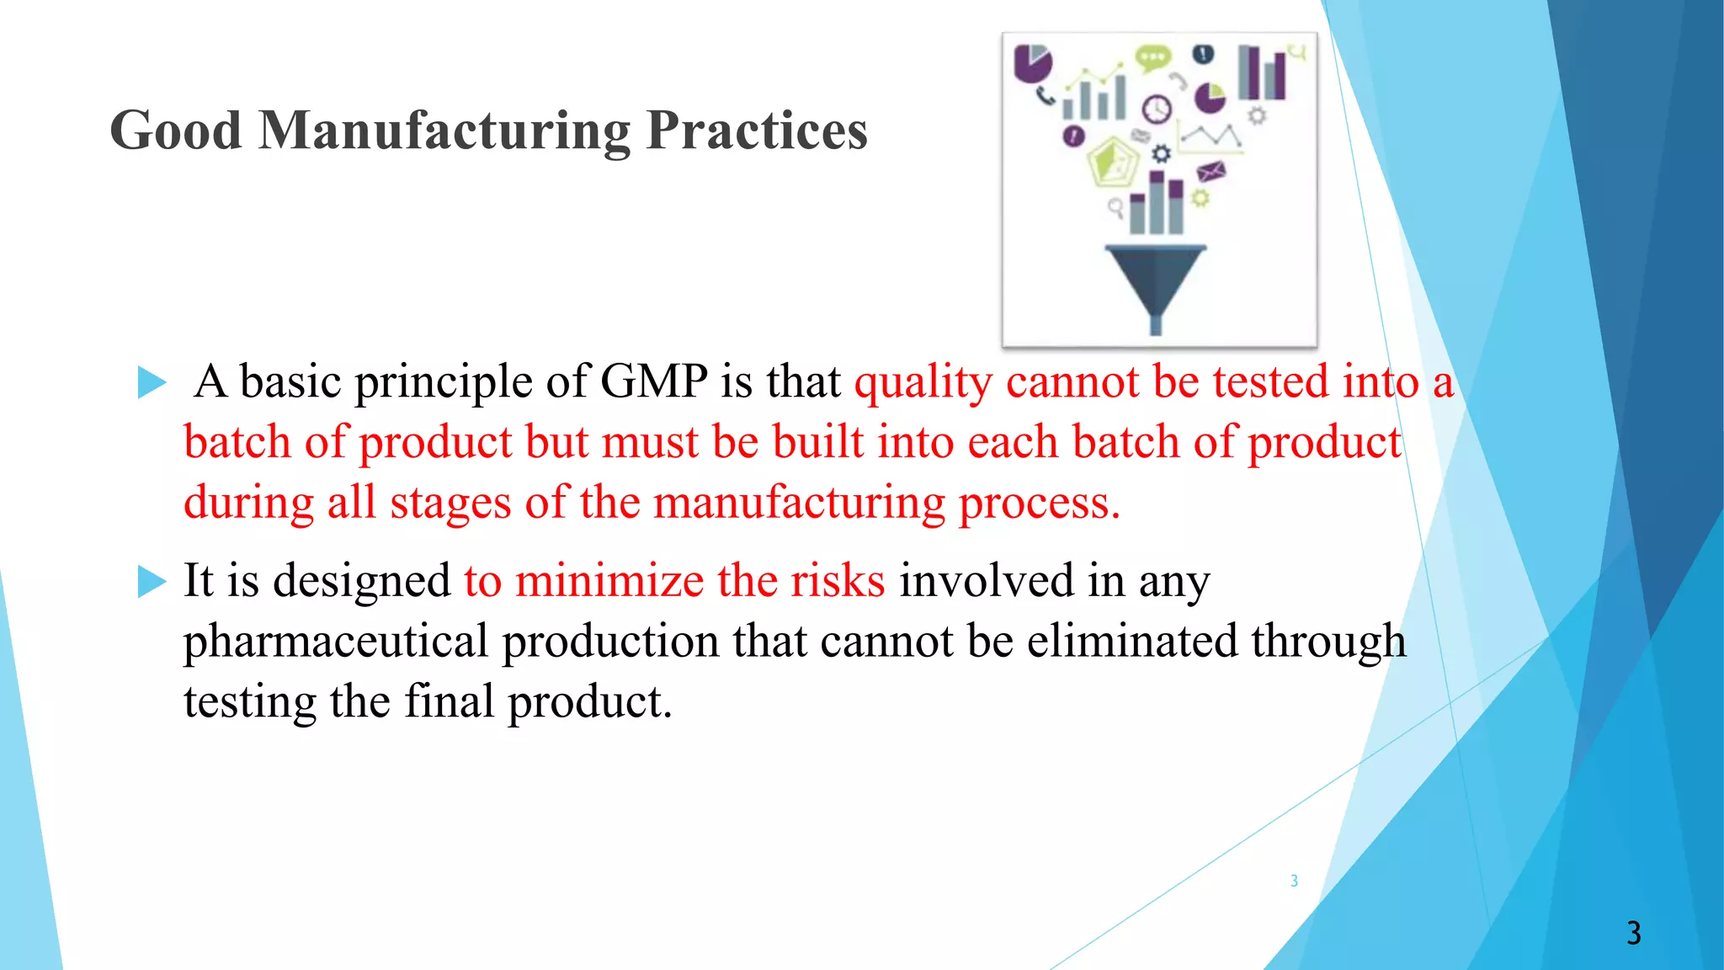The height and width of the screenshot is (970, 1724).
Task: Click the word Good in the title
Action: point(176,131)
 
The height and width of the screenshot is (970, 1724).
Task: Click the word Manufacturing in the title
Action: point(444,131)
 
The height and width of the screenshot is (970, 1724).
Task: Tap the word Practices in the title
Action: point(757,131)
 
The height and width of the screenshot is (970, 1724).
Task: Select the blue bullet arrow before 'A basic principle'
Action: point(152,382)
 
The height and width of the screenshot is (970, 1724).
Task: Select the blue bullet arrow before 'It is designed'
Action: point(152,582)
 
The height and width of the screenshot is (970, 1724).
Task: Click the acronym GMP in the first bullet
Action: point(654,382)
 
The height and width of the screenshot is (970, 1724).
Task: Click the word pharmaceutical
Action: point(335,642)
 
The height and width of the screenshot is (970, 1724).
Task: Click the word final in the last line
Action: point(449,701)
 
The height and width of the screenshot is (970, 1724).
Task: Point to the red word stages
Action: point(450,504)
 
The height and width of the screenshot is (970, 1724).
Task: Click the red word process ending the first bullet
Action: point(1039,504)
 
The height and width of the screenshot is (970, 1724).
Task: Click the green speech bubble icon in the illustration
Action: point(1152,58)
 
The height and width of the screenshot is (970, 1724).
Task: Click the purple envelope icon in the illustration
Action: point(1211,172)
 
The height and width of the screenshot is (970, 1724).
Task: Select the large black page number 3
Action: point(1633,933)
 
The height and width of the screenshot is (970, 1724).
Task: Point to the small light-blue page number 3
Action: point(1294,881)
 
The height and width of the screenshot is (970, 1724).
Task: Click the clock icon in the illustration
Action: point(1157,109)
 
